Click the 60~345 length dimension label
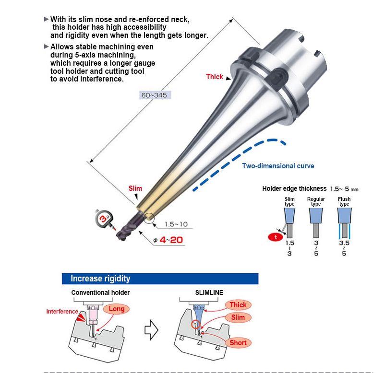[x=155, y=95]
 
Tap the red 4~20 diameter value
[x=171, y=240]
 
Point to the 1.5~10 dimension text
[x=176, y=224]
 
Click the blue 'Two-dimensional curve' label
[x=278, y=166]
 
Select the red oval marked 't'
[x=276, y=237]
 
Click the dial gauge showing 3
[x=104, y=219]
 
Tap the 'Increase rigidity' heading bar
[x=160, y=279]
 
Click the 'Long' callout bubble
[x=116, y=309]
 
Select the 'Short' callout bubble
[x=238, y=343]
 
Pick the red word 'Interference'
[x=62, y=311]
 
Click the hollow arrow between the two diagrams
[x=151, y=330]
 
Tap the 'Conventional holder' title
[x=100, y=292]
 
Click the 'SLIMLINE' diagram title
[x=209, y=292]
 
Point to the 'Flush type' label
[x=344, y=201]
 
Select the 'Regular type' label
[x=316, y=201]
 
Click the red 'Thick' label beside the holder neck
[x=215, y=77]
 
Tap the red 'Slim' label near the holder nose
[x=135, y=188]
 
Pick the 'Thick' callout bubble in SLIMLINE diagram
[x=238, y=305]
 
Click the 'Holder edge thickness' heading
[x=294, y=188]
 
